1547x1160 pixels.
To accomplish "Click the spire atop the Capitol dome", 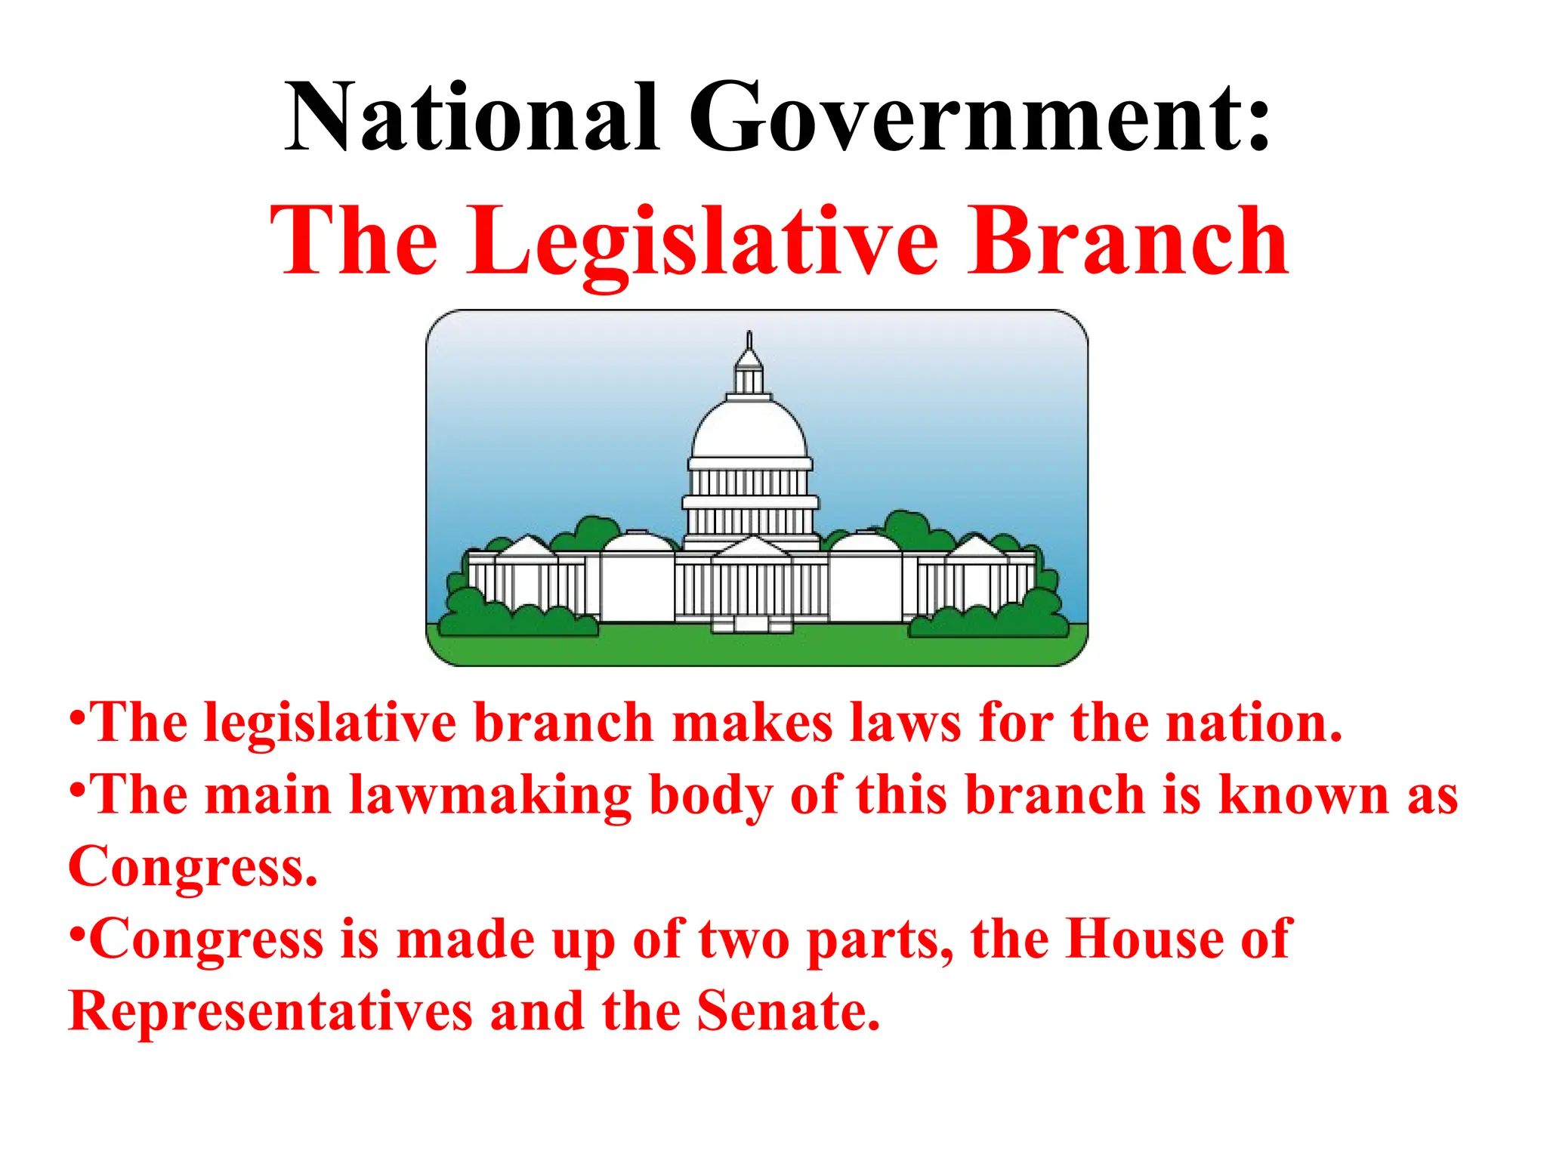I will pyautogui.click(x=749, y=341).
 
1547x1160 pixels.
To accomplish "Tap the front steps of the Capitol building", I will pyautogui.click(x=752, y=624).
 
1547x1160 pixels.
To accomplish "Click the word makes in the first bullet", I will pyautogui.click(x=751, y=723).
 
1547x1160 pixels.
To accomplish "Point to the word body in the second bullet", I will pyautogui.click(x=711, y=797).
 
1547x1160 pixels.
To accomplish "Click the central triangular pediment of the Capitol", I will pyautogui.click(x=752, y=548).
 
